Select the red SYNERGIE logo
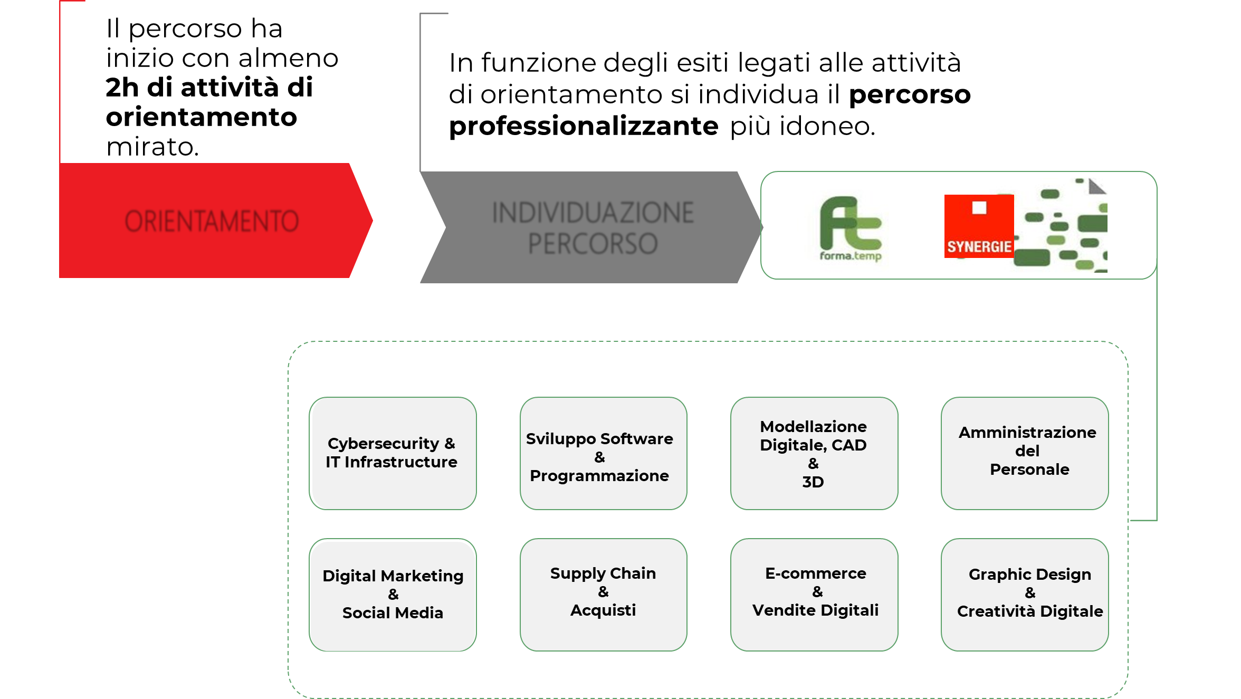point(979,226)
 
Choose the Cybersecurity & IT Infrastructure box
point(393,454)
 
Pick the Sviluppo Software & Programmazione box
point(603,454)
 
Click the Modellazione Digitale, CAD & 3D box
point(814,454)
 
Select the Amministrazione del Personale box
point(1025,454)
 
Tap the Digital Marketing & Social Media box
point(393,595)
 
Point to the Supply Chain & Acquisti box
point(603,595)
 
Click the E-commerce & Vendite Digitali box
point(814,595)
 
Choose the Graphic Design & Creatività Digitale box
point(1025,595)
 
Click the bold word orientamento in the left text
point(202,117)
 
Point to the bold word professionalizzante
point(584,127)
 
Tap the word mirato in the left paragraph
point(152,147)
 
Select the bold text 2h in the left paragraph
point(122,87)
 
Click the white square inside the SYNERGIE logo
point(979,208)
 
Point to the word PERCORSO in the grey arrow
point(593,244)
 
